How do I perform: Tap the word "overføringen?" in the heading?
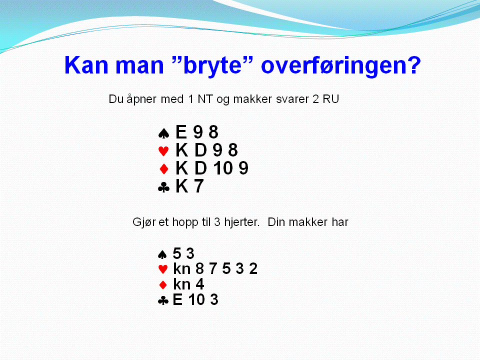tap(341, 65)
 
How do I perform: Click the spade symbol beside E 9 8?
tap(164, 133)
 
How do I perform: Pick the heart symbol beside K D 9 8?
tap(163, 151)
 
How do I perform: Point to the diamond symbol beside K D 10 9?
tap(164, 168)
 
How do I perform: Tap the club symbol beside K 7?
tap(164, 187)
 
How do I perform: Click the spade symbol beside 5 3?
tap(162, 254)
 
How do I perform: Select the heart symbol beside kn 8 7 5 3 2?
tap(163, 269)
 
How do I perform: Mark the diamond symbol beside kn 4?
tap(163, 285)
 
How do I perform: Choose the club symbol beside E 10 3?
tap(163, 300)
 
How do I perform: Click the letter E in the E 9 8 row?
tap(181, 132)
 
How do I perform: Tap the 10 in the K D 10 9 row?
tap(223, 168)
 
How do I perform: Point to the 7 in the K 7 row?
tap(198, 186)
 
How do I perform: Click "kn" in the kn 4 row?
tap(182, 284)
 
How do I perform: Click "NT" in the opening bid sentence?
tap(205, 99)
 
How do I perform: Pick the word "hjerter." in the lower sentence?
tap(242, 222)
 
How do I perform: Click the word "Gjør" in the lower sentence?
tap(144, 222)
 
